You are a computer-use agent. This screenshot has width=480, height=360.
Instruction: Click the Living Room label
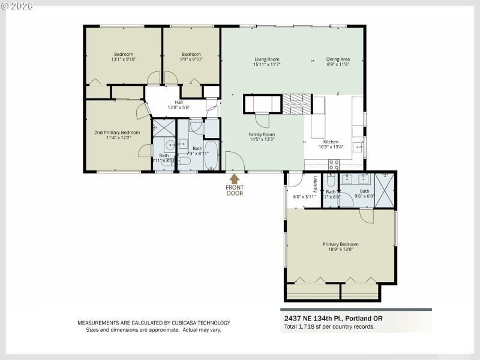point(267,59)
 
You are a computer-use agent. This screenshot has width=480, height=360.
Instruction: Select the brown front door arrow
point(235,178)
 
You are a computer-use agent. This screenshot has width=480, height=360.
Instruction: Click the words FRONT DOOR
point(235,190)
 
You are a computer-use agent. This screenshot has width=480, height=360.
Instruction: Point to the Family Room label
point(262,134)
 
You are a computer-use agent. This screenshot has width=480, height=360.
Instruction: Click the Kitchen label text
point(331,142)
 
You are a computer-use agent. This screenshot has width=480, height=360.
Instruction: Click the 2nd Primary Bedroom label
point(116,132)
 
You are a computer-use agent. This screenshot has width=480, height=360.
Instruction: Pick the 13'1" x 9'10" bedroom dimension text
point(124,59)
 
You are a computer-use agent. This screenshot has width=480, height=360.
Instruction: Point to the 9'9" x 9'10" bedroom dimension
point(191,59)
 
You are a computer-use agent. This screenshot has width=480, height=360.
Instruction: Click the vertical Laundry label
point(315,183)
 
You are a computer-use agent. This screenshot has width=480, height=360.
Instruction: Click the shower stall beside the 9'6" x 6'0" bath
point(385,190)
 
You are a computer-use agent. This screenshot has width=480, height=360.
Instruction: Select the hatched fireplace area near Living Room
point(297,104)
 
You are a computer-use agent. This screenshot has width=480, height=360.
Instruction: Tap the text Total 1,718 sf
point(305,327)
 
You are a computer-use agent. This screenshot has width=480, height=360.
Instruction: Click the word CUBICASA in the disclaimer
point(173,323)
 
